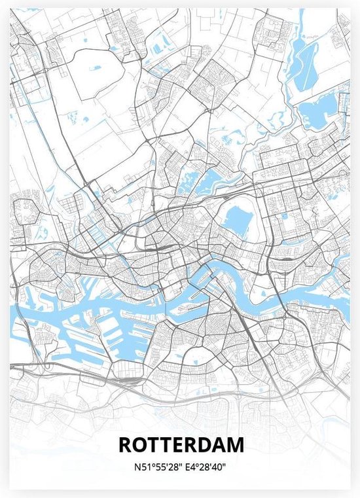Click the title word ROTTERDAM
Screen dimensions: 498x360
[x=181, y=445]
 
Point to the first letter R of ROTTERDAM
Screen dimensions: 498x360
[x=126, y=445]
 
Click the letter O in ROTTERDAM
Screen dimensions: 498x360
[x=139, y=445]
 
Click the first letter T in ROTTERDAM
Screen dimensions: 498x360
[x=153, y=445]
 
